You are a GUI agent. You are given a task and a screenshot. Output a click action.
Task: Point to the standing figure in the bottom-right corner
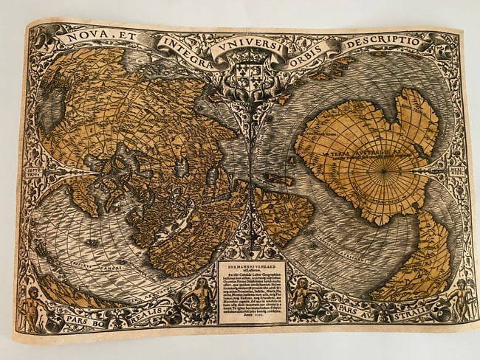pyautogui.click(x=462, y=299)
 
